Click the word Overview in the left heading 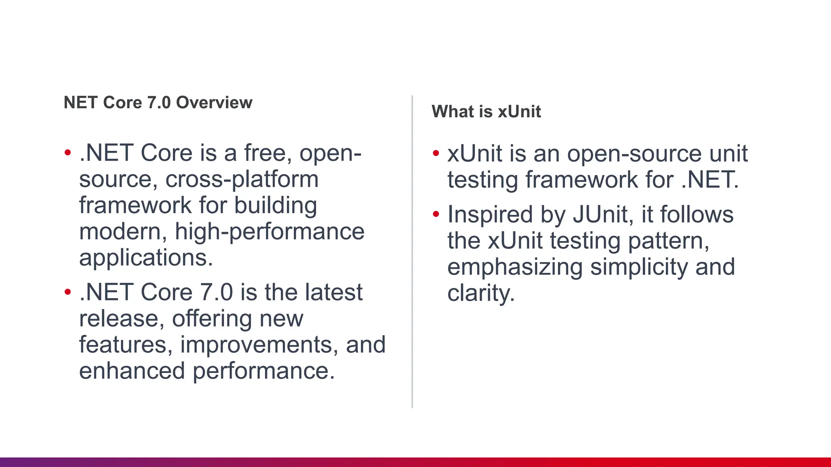click(214, 103)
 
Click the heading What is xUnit click(486, 111)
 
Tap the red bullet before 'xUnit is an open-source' click(436, 153)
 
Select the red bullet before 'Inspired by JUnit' click(436, 214)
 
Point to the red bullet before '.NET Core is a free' click(68, 153)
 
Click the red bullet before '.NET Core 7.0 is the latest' click(68, 292)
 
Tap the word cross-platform click(242, 179)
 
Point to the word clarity click(481, 293)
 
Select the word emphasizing click(515, 267)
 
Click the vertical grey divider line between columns click(412, 251)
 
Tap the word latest click(334, 292)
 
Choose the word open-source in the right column click(634, 154)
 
